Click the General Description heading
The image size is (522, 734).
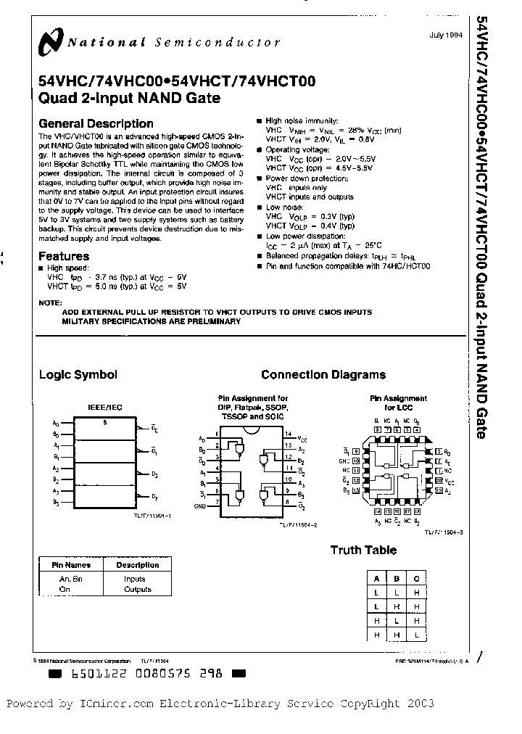pos(96,123)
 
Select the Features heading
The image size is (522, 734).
pos(64,256)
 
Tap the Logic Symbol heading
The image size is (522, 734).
pos(78,375)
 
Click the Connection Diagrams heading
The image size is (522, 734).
pos(323,375)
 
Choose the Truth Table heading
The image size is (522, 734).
pos(363,550)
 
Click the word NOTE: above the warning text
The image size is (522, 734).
pos(50,302)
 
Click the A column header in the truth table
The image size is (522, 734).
pos(377,579)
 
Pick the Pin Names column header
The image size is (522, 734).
pos(70,565)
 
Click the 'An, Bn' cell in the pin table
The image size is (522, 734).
pos(70,579)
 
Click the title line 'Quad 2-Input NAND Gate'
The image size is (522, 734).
pos(130,98)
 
